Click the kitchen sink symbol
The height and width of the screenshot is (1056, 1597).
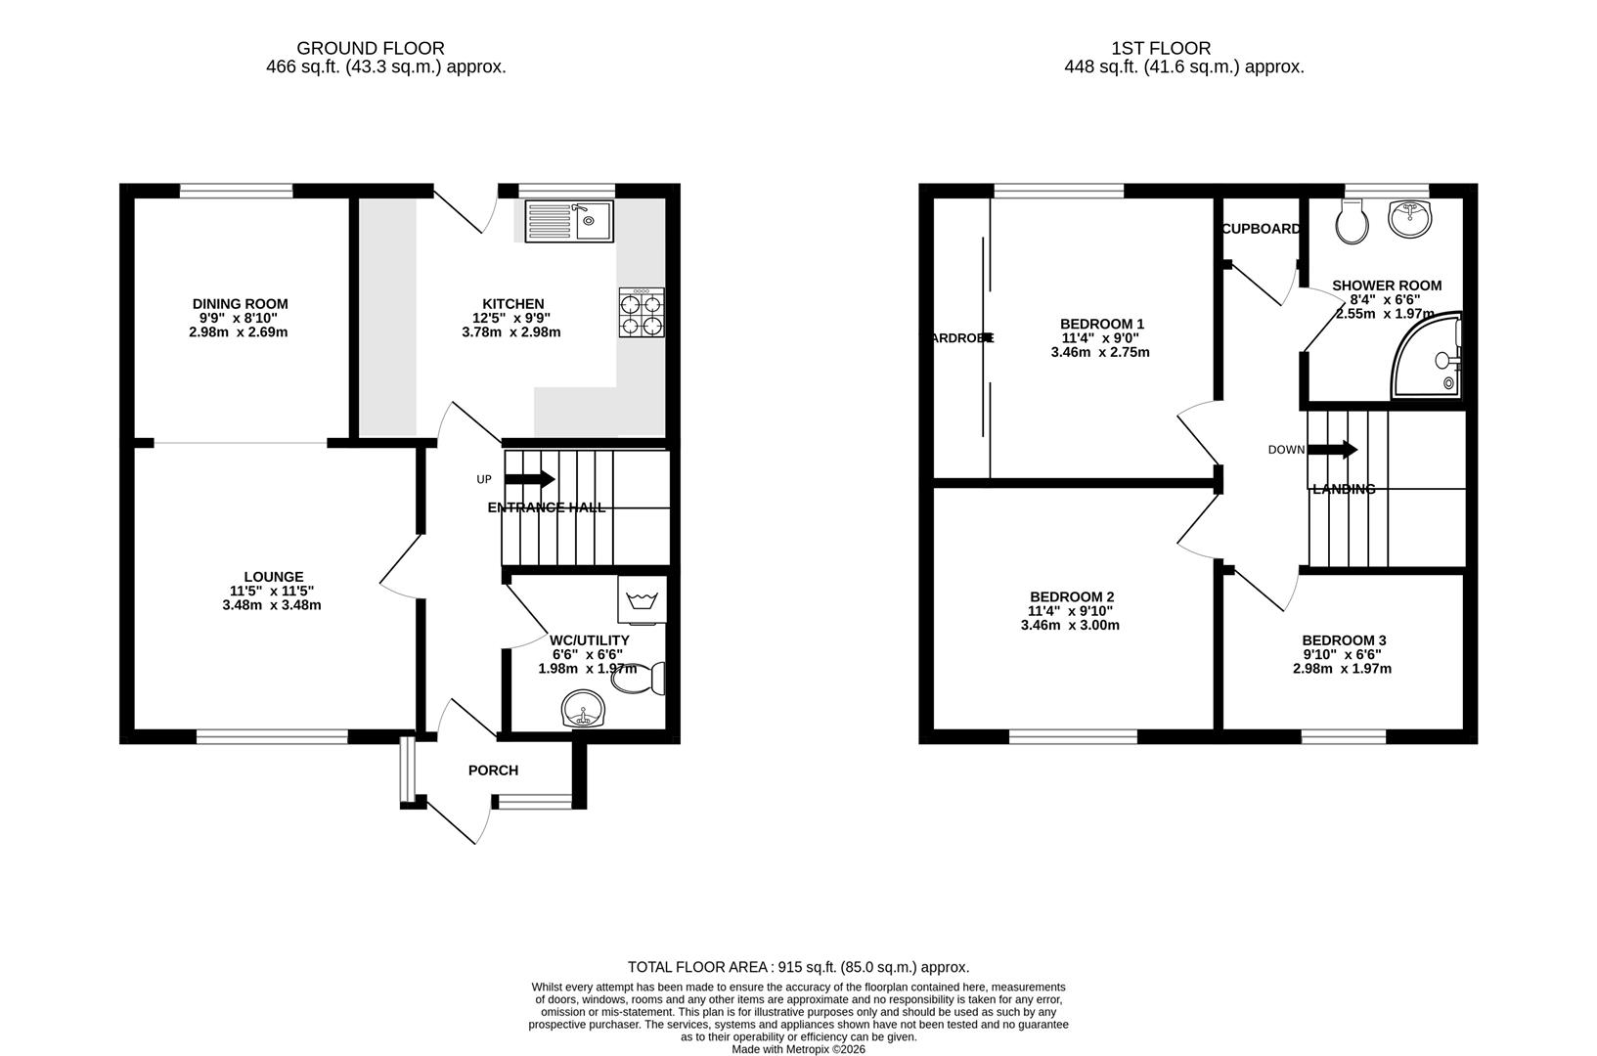coord(568,221)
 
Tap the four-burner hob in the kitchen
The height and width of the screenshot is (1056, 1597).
coord(642,314)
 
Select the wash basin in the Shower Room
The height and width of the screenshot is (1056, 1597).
coord(1408,217)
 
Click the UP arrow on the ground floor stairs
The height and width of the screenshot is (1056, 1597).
coord(529,479)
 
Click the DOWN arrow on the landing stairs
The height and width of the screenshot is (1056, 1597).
coord(1332,450)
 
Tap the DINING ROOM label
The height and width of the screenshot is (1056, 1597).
coord(240,304)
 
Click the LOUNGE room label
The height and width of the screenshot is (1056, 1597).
coord(273,577)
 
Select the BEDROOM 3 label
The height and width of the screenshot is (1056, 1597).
coord(1344,640)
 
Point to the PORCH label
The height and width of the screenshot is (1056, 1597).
coord(493,770)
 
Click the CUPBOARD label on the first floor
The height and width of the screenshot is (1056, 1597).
coord(1261,229)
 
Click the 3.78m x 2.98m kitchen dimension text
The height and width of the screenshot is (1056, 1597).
coord(511,332)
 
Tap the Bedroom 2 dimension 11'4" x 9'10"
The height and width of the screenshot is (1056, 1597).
coord(1070,611)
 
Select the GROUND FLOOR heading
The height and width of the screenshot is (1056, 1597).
coord(371,48)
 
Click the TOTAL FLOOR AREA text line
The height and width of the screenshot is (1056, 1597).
coord(798,967)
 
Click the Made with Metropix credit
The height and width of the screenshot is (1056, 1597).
coord(798,1049)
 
